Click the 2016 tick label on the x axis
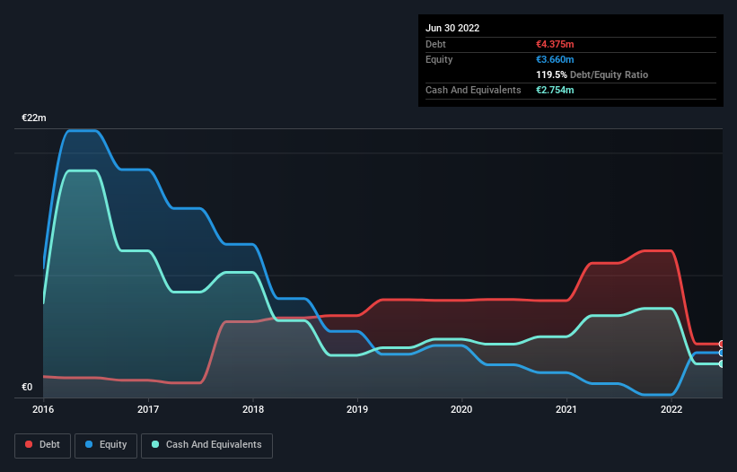point(43,409)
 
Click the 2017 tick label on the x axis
point(148,409)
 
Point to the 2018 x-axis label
point(253,409)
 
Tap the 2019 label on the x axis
point(357,409)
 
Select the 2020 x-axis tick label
point(462,409)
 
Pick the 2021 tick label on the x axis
point(566,409)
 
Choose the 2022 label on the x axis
point(671,409)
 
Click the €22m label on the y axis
point(34,118)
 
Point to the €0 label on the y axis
point(27,388)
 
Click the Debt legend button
point(43,444)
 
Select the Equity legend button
point(106,444)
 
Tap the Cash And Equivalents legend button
point(206,444)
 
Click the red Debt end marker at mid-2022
point(721,344)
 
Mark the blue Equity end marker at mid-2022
point(721,353)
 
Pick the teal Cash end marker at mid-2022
point(721,363)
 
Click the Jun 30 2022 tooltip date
point(452,28)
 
